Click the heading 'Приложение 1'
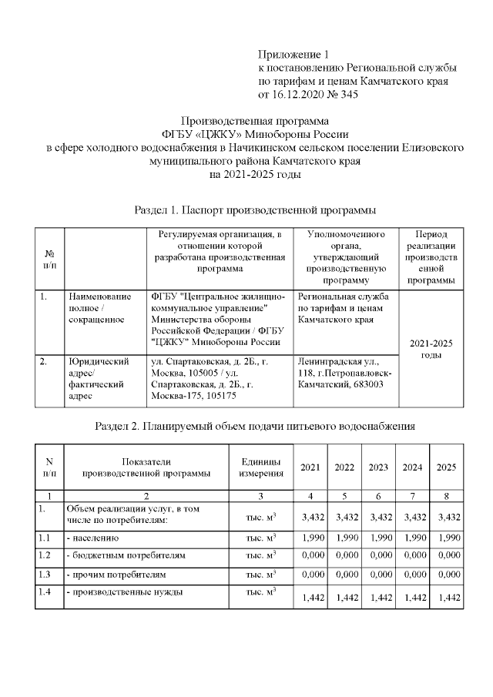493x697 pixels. tap(293, 55)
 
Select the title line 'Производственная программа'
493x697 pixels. tap(254, 121)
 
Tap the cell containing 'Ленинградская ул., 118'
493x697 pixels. tap(344, 373)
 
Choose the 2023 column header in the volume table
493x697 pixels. tap(378, 467)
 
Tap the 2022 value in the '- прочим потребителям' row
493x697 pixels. tap(344, 575)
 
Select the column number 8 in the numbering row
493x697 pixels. tap(446, 495)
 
